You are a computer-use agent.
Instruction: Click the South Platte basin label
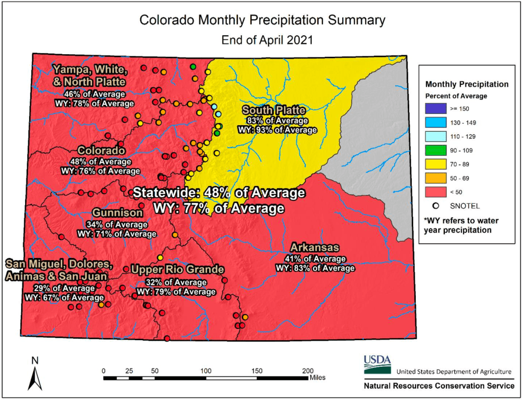[274, 110]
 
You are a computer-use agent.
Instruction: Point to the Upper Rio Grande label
[177, 269]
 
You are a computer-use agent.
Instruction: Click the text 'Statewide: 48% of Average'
[219, 193]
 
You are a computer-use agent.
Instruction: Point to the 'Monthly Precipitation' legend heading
[467, 84]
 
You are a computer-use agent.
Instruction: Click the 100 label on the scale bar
[206, 370]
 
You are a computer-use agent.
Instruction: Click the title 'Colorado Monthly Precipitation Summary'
[262, 20]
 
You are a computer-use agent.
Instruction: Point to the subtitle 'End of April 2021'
[261, 39]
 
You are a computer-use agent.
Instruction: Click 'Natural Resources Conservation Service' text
[439, 386]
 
